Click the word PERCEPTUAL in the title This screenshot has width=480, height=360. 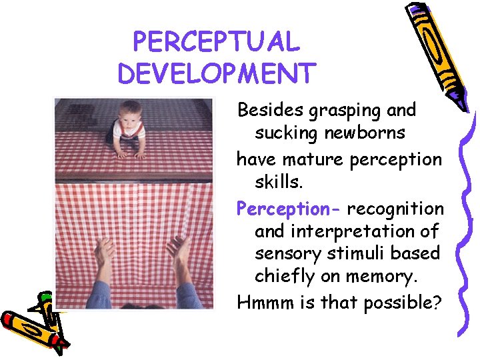[x=217, y=42]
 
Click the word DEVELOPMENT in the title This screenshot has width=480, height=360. [x=216, y=73]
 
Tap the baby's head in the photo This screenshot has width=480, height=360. [x=130, y=110]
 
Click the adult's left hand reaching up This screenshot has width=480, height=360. [x=104, y=253]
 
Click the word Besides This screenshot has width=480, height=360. [x=269, y=109]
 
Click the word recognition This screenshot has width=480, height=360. [x=395, y=209]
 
